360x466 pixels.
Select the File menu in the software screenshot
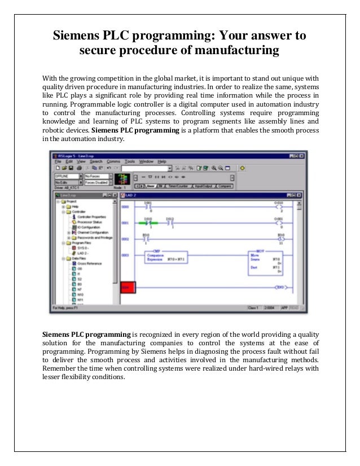point(58,161)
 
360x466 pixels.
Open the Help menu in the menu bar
point(162,161)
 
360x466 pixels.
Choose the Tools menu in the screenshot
point(130,161)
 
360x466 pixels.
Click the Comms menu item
point(113,161)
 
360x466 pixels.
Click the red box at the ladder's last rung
point(129,288)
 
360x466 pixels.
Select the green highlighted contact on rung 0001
point(149,223)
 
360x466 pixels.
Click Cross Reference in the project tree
point(90,263)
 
